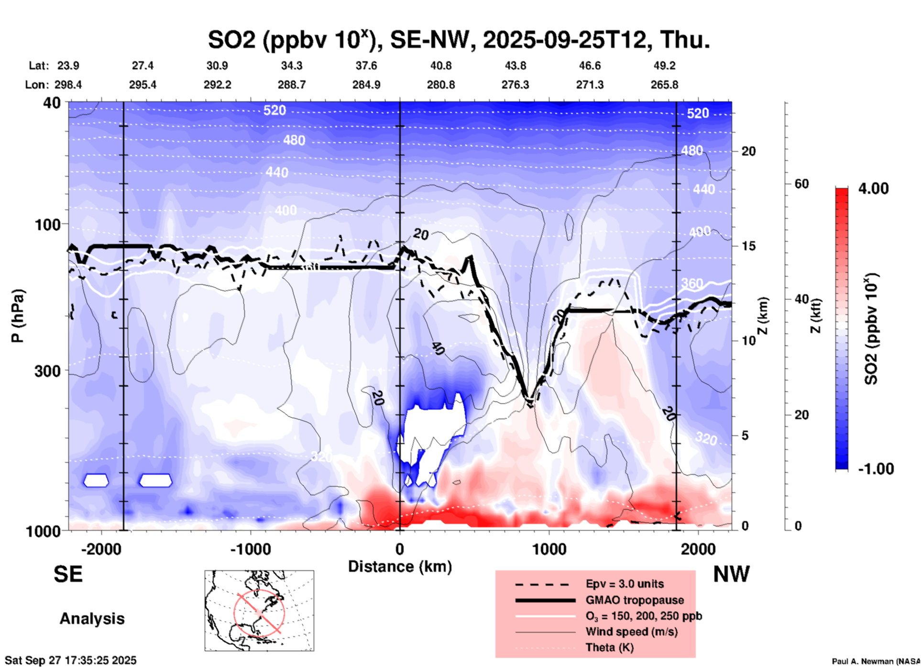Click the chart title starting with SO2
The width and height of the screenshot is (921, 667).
pos(459,39)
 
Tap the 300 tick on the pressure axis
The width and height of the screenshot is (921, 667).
pos(47,371)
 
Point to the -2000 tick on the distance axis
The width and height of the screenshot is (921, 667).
pos(101,549)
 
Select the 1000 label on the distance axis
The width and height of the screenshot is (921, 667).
pos(549,549)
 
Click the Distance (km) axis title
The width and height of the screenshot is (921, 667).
pos(400,567)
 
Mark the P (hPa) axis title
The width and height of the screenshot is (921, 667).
pos(18,316)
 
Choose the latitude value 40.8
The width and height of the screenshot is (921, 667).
pos(440,66)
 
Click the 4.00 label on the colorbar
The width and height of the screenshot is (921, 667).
pos(873,188)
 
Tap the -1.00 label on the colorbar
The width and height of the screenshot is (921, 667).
pos(876,468)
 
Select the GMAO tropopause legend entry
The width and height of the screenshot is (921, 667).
pos(635,600)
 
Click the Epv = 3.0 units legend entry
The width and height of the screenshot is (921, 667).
pos(625,584)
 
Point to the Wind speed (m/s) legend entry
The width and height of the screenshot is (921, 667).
pos(631,632)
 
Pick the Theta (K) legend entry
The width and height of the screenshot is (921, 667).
pos(609,647)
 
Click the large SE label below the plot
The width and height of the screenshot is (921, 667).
pos(68,574)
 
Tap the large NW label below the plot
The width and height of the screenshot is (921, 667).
pos(731,574)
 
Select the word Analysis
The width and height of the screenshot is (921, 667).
pos(92,619)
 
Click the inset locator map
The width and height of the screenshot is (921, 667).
pos(259,611)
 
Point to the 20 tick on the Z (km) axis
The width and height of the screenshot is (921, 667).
pos(748,151)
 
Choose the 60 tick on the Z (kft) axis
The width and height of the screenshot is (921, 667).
pos(801,184)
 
